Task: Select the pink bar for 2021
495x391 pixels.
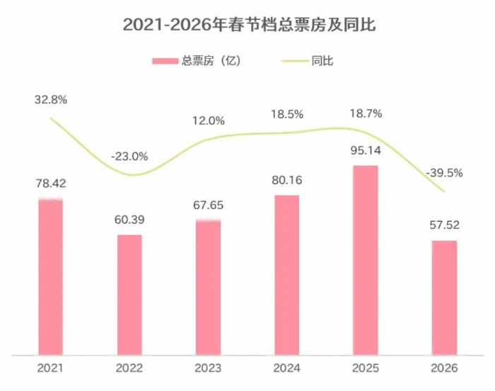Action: coord(50,276)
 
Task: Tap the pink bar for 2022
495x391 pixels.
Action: coord(129,294)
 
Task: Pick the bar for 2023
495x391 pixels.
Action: coord(208,287)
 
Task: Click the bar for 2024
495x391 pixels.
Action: coord(286,274)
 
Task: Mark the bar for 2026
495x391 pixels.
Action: coord(444,297)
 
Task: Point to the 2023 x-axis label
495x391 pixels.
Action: coord(208,368)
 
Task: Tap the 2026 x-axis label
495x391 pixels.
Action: coord(444,368)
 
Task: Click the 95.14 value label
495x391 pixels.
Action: coord(366,152)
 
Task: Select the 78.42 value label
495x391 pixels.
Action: coord(50,183)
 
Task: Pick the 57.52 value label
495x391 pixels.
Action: coord(444,226)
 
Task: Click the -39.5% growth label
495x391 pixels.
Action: coord(444,173)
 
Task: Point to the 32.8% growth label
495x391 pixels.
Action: coord(50,100)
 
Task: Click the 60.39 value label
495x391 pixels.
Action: coord(129,220)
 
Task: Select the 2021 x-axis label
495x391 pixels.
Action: coord(50,368)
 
